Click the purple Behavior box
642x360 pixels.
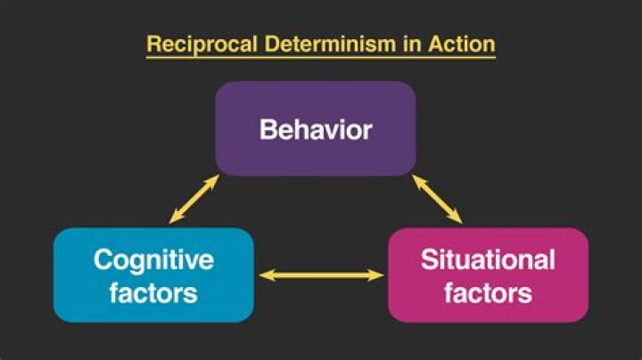click(316, 129)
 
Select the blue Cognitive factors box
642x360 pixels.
click(153, 275)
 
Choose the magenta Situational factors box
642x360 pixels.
click(488, 275)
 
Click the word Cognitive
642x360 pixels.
click(153, 260)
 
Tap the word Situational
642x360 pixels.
click(488, 260)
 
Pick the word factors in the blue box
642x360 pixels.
click(153, 291)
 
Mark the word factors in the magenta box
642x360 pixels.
click(488, 291)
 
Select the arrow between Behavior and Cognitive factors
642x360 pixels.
click(193, 199)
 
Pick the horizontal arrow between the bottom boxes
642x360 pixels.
click(321, 275)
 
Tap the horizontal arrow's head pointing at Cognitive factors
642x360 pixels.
click(265, 275)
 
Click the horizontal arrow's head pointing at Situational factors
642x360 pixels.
click(377, 275)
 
